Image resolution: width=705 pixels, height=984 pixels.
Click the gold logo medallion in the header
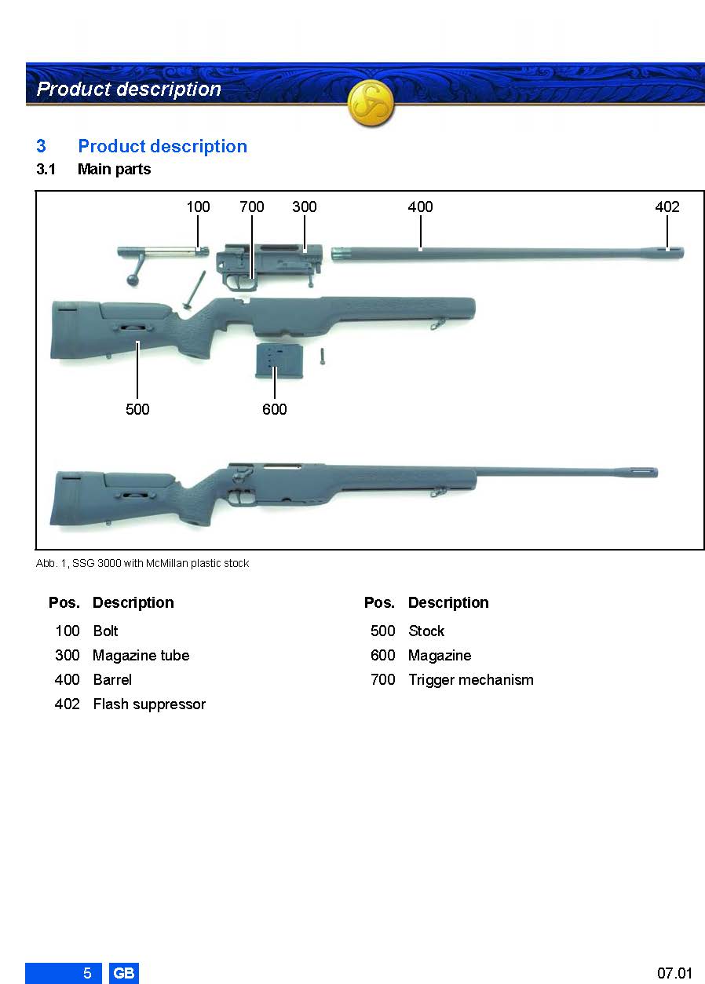point(371,104)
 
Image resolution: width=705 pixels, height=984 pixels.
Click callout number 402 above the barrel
point(667,207)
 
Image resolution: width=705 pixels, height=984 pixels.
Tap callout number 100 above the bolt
point(198,207)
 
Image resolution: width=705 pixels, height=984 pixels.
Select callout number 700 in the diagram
point(252,207)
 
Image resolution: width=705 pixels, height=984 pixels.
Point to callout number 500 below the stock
point(137,409)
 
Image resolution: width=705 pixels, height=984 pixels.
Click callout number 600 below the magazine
point(275,409)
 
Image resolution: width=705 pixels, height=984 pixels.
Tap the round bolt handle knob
point(132,280)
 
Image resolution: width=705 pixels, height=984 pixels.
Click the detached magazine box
point(272,361)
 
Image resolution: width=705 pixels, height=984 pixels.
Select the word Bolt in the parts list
point(105,631)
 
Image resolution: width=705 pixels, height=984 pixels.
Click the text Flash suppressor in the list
point(149,704)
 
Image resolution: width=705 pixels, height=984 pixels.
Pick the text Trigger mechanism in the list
point(471,679)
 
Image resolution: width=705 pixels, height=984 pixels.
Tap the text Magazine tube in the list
point(141,656)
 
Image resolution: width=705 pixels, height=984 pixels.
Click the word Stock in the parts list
point(426,631)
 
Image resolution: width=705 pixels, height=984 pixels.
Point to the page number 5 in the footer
point(87,973)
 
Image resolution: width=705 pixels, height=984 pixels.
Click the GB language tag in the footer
point(123,973)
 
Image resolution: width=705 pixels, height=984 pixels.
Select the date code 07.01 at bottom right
point(674,973)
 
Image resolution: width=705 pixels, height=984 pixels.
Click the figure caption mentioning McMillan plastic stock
point(142,563)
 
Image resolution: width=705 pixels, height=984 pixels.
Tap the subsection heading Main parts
point(114,169)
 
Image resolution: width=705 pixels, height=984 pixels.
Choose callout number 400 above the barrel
point(420,207)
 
